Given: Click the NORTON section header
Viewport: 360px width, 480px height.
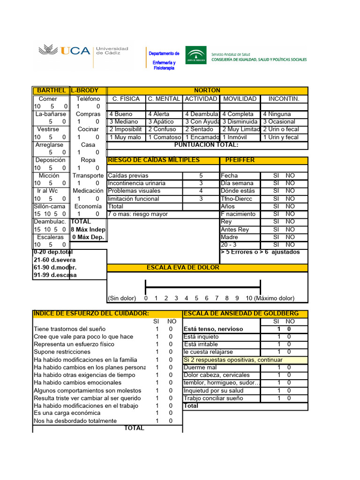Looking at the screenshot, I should pos(207,90).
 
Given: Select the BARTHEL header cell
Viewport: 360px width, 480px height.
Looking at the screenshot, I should pos(51,90).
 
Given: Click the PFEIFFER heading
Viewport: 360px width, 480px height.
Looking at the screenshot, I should pos(240,160).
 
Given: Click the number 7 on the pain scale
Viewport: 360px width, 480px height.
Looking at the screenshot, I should pos(217,298).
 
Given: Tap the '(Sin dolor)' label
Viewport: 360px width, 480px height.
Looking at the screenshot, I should pos(122,298).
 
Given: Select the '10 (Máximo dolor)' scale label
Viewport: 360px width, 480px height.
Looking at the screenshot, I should pos(270,298).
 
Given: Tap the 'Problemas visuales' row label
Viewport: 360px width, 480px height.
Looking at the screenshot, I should pos(134,191).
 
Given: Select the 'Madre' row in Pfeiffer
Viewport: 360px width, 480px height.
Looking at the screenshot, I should pos(230,237).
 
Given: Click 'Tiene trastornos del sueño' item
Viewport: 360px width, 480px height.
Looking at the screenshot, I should pos(70,329).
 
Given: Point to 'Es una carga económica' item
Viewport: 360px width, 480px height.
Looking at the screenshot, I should pos(67,413).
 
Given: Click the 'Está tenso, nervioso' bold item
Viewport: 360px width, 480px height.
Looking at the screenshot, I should pos(213,329).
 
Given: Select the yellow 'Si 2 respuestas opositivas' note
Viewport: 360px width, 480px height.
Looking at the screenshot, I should pos(233,360).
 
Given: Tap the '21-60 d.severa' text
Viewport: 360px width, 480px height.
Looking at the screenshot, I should pos(54,260).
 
